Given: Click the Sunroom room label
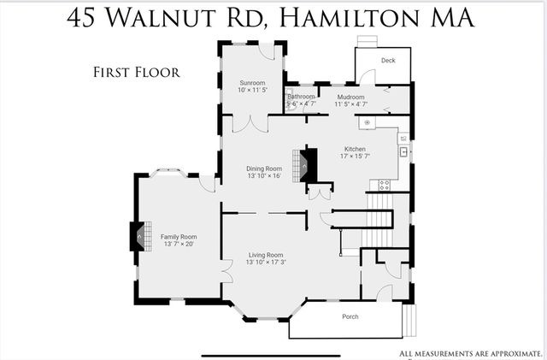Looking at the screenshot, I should coord(251,82).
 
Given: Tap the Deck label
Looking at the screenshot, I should coord(388,61).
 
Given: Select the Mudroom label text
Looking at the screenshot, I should coord(350,97).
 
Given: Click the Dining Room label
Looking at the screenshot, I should coord(264,168).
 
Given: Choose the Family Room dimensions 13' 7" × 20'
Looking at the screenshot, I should coord(179,244).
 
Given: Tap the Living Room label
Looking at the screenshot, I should coord(266,255).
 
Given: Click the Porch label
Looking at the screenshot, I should coord(350,316).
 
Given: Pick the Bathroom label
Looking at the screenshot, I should coord(301,97).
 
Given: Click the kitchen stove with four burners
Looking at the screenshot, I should coord(384,183).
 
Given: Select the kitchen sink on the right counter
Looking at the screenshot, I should coord(404,152).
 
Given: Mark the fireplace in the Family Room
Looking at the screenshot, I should coord(136,236).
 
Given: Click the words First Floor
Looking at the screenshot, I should coord(136,72).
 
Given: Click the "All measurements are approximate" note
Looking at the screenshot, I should coord(471,353).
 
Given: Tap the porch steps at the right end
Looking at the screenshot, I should coord(409,321).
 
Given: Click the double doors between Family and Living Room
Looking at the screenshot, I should coord(226,271).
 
